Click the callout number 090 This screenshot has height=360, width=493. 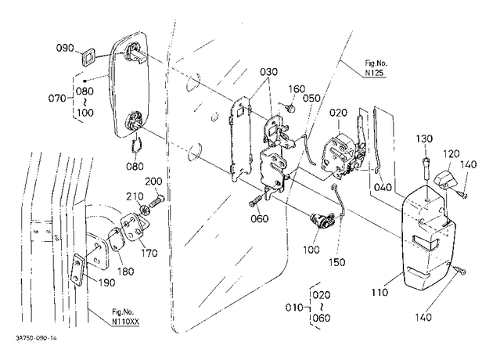pyautogui.click(x=65, y=48)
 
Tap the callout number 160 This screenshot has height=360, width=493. pyautogui.click(x=297, y=89)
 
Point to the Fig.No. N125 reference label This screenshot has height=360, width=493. pyautogui.click(x=376, y=68)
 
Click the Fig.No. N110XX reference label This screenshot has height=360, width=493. pyautogui.click(x=125, y=317)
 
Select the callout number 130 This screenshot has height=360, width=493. pyautogui.click(x=424, y=139)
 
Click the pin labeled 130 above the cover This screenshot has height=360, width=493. pyautogui.click(x=426, y=168)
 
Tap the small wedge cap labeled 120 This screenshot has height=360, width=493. pyautogui.click(x=446, y=180)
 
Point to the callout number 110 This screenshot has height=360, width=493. pyautogui.click(x=380, y=293)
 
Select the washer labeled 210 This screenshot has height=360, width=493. pyautogui.click(x=144, y=211)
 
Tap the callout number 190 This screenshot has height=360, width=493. pyautogui.click(x=106, y=283)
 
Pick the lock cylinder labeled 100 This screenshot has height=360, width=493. pyautogui.click(x=322, y=221)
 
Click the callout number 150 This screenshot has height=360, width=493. pyautogui.click(x=336, y=262)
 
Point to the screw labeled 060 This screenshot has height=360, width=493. pyautogui.click(x=255, y=201)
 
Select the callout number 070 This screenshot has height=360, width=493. pyautogui.click(x=57, y=99)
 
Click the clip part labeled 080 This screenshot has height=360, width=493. pyautogui.click(x=137, y=146)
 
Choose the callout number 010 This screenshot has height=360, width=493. pyautogui.click(x=294, y=308)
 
